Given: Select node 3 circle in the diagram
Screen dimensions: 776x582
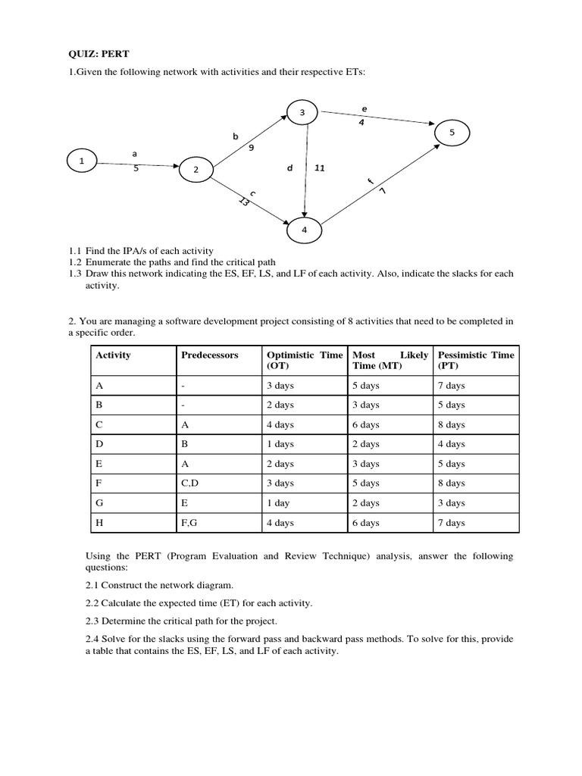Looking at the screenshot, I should point(302,113).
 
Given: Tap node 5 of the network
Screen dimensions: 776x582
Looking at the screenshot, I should point(452,133).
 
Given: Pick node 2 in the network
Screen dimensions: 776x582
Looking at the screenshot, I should point(196,170).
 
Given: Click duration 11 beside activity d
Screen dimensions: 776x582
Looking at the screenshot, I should point(319,168).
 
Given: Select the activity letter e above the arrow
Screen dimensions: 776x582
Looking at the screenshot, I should point(365,110).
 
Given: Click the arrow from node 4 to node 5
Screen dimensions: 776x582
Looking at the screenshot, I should point(379,186).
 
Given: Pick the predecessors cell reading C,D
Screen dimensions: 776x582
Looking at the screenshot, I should point(189,483).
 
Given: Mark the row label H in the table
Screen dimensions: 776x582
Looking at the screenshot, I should point(99,523).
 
